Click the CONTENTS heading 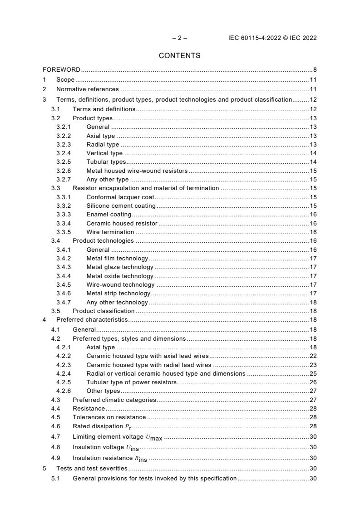[x=179, y=56]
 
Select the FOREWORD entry [x=61, y=70]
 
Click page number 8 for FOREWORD [x=315, y=70]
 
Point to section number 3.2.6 [x=64, y=171]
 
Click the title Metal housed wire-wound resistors [x=137, y=171]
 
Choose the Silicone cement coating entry [x=121, y=206]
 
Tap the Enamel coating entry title [x=108, y=215]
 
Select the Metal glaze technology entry [x=120, y=267]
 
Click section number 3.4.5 [x=64, y=285]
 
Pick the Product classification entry [x=104, y=311]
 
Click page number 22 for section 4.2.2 [x=313, y=356]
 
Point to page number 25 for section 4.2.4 [x=313, y=374]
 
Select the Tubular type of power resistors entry [x=131, y=382]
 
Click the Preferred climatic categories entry [x=114, y=400]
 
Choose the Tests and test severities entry [x=92, y=469]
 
